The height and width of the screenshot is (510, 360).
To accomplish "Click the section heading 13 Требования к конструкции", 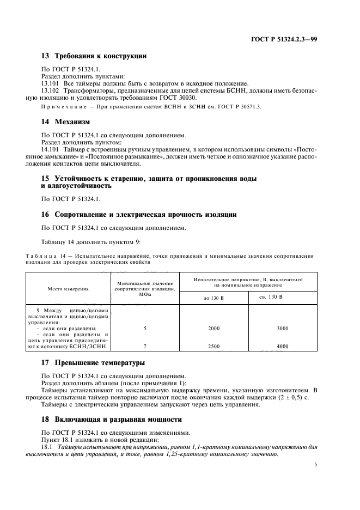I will click(x=94, y=56).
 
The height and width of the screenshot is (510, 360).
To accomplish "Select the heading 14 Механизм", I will click(x=65, y=122).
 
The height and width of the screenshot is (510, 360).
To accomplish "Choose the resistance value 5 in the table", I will click(x=144, y=329).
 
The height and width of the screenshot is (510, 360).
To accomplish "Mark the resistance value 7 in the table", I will click(x=144, y=347).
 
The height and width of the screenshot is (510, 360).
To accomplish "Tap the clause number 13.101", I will click(x=51, y=83).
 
